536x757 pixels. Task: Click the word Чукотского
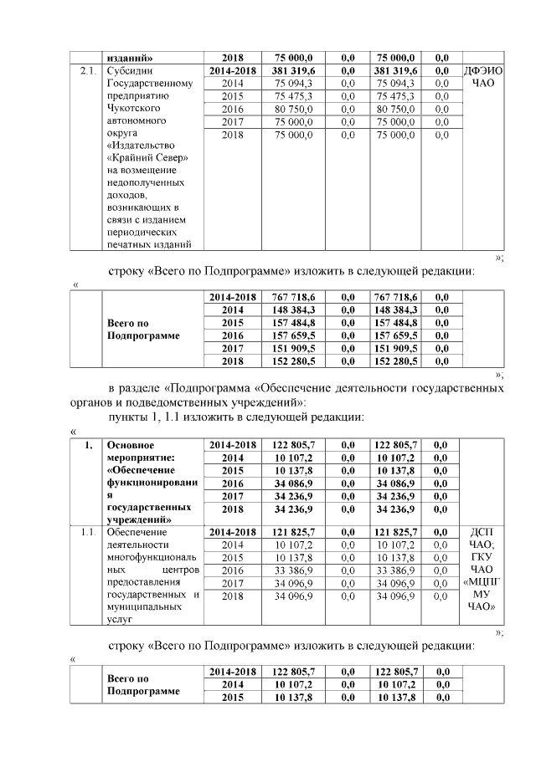(138, 108)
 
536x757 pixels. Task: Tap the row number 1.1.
(85, 531)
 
